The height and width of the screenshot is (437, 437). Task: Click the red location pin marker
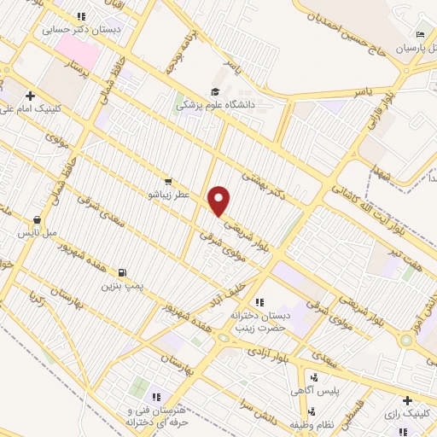[x=220, y=201]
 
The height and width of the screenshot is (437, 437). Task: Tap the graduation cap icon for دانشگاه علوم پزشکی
[x=214, y=91]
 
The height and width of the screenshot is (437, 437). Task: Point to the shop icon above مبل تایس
[x=37, y=219]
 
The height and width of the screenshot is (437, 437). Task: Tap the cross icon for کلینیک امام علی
[x=30, y=96]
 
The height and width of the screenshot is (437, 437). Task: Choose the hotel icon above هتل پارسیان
[x=420, y=35]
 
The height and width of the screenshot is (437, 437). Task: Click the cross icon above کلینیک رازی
[x=408, y=399]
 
